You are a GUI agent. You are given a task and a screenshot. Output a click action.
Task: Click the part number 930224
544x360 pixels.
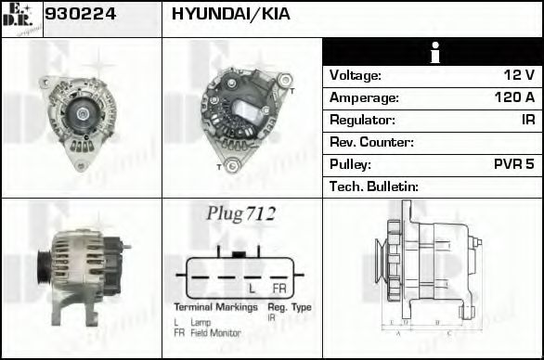coord(80,16)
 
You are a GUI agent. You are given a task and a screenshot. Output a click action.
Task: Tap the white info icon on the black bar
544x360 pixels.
coord(432,54)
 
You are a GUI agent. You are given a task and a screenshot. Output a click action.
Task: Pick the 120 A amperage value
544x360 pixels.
coord(514,96)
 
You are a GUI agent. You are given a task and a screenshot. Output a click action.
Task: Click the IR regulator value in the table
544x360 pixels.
coord(527,120)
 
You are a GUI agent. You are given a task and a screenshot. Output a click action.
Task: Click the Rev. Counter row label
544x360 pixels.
coord(371,142)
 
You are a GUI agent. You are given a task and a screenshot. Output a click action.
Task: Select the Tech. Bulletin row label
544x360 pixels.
coord(374,186)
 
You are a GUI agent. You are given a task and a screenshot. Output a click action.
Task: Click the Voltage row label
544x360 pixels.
coord(356,74)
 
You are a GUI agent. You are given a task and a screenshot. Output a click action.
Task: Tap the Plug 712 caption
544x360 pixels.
coord(240,214)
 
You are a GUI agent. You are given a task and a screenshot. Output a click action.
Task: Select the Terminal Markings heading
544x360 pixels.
coord(214,307)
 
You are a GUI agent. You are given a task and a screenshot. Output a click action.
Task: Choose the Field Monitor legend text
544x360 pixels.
coord(215,332)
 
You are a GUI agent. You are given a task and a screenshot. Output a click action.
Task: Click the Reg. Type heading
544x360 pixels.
coord(290,307)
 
